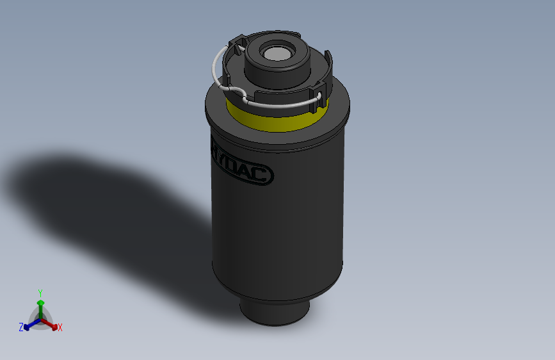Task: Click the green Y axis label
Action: click(40, 292)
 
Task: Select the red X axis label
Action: click(60, 328)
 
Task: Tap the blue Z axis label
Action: click(21, 327)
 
